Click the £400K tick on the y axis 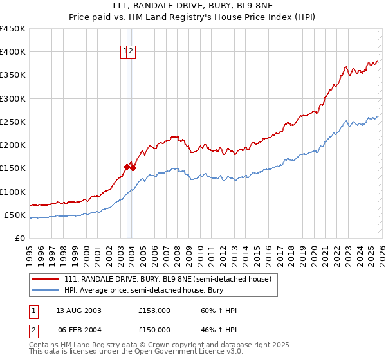[x=13, y=52]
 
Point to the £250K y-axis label [x=13, y=122]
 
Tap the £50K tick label [x=15, y=215]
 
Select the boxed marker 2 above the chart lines [x=131, y=52]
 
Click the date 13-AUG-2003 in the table [x=78, y=310]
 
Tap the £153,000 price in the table [x=154, y=310]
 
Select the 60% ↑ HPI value [x=219, y=310]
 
